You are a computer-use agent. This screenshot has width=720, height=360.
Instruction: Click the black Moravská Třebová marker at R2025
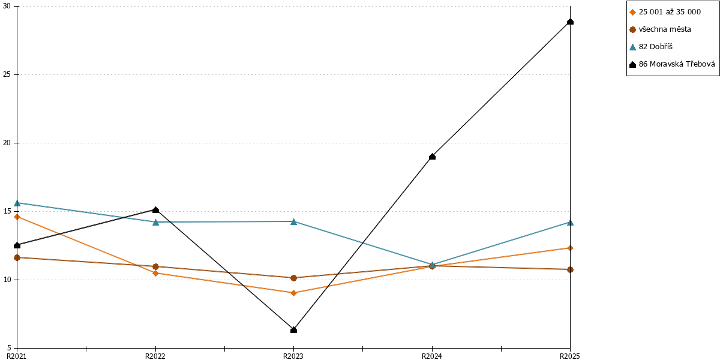[x=570, y=22]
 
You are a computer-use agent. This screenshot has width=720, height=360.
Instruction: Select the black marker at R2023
[x=293, y=330]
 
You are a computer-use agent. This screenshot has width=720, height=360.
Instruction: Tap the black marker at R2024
[x=432, y=157]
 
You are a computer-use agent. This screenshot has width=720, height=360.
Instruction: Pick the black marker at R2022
[x=155, y=210]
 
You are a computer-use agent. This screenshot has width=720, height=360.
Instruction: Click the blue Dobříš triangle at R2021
[x=17, y=203]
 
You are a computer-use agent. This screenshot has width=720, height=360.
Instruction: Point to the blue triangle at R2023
[x=293, y=221]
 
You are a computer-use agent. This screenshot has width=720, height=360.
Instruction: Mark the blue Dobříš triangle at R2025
[x=570, y=223]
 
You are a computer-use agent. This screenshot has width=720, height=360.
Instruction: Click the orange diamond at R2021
[x=17, y=217]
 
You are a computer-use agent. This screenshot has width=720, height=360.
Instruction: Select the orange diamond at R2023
[x=293, y=293]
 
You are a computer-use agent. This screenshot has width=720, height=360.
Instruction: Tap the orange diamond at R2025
[x=570, y=248]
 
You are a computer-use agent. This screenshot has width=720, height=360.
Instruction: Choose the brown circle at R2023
[x=293, y=278]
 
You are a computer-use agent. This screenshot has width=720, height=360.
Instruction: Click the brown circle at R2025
[x=570, y=269]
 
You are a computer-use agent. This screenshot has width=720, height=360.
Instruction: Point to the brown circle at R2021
[x=17, y=257]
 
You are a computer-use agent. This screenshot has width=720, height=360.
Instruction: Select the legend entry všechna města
[x=660, y=29]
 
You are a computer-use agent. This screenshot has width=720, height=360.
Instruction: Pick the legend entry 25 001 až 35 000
[x=665, y=12]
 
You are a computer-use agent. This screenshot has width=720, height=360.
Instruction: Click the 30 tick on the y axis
[x=7, y=6]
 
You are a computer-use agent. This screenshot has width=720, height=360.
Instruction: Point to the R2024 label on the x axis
[x=431, y=356]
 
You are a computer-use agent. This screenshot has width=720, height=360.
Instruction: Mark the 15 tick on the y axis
[x=7, y=211]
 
